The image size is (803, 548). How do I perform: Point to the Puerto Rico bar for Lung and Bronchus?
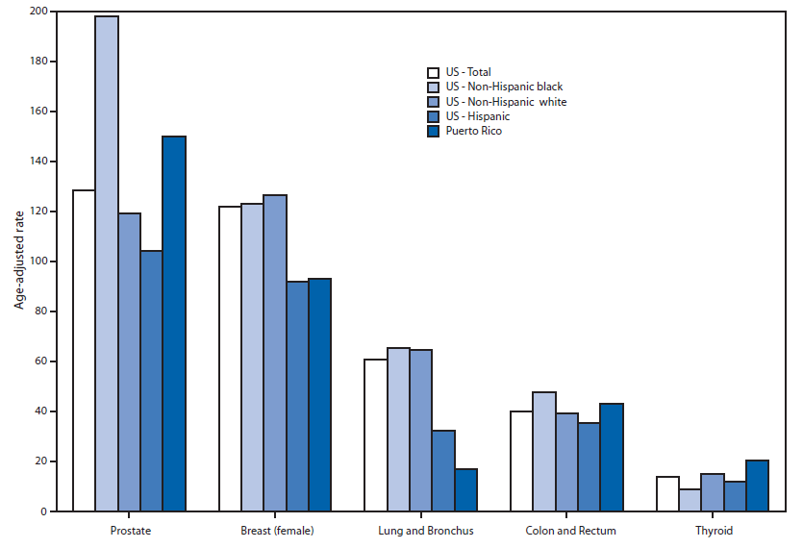[465, 490]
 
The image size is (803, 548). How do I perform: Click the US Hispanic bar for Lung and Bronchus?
[443, 471]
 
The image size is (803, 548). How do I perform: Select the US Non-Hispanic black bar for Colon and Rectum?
[544, 452]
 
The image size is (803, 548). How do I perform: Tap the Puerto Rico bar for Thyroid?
[758, 486]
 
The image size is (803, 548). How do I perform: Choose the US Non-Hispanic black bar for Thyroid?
[690, 500]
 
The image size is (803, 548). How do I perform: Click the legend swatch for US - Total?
[434, 72]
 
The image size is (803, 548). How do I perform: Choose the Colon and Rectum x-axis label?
[571, 531]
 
